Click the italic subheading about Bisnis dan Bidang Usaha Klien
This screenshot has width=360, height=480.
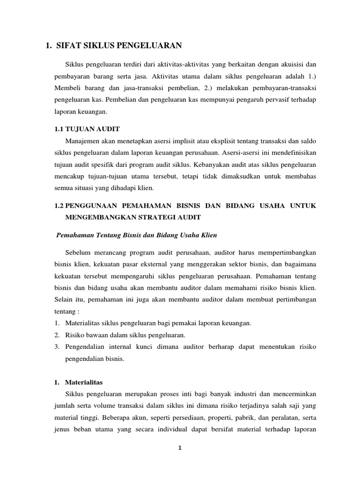(136, 234)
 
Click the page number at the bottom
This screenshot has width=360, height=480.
(180, 448)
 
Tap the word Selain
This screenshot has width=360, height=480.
(64, 299)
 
